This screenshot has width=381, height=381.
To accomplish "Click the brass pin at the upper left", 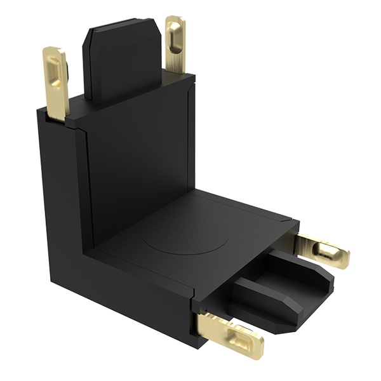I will pyautogui.click(x=56, y=83).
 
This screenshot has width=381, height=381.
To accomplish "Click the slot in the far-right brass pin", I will pyautogui.click(x=328, y=251).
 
